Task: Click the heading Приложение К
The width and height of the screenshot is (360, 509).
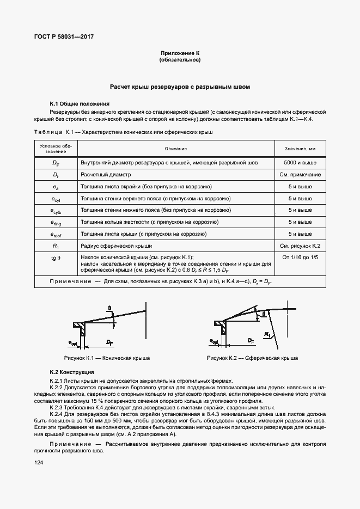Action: tap(180, 53)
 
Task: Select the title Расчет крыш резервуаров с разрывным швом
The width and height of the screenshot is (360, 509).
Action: tap(180, 87)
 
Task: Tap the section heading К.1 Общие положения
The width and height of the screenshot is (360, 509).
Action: tap(80, 103)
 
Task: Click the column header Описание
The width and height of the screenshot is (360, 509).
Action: tap(176, 149)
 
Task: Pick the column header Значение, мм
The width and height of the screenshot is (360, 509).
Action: tap(300, 149)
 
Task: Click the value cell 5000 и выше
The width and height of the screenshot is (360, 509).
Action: tap(300, 163)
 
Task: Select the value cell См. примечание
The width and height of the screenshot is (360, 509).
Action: tap(300, 175)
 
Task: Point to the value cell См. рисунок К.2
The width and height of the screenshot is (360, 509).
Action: tap(300, 247)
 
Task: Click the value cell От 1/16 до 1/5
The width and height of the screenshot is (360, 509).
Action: tap(300, 257)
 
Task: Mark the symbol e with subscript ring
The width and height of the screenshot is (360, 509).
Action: tap(56, 223)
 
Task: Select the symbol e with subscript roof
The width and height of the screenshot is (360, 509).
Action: tap(56, 235)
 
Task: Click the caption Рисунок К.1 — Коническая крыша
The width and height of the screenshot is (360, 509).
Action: tap(107, 359)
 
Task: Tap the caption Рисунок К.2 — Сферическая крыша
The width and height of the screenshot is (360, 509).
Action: tap(252, 359)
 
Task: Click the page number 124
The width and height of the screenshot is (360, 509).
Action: tap(39, 462)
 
